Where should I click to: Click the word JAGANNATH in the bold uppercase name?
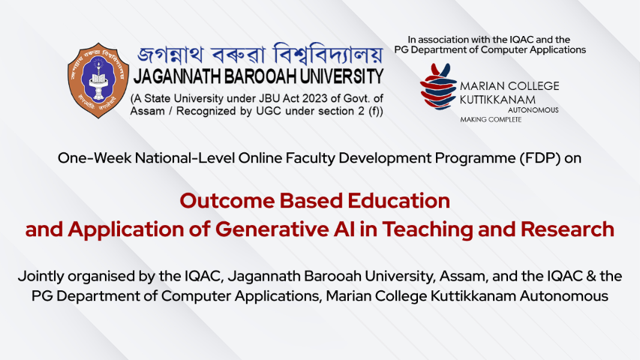(176, 76)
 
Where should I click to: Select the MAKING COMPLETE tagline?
(491, 119)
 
